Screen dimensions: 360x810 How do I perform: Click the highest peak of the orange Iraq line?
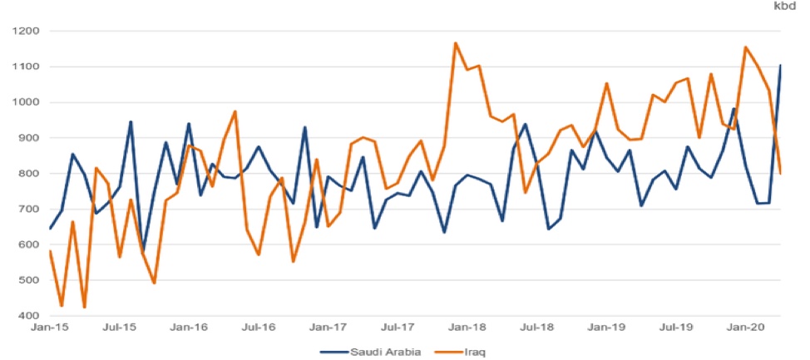point(456,42)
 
